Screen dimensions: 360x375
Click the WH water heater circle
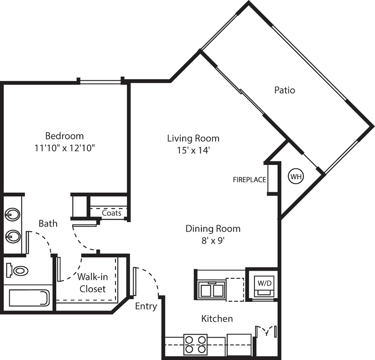coord(296,177)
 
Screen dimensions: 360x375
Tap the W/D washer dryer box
coord(264,283)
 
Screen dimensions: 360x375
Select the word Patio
coord(285,90)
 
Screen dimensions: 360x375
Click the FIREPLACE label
coord(249,180)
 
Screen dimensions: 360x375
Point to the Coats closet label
coord(112,213)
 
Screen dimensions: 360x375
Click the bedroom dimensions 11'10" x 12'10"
coord(64,148)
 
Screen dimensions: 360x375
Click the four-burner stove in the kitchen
coord(195,344)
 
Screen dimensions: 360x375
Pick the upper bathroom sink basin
coord(12,215)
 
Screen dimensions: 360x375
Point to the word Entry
coord(146,306)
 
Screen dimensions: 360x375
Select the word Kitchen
coord(217,319)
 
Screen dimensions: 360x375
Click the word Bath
coord(48,224)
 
